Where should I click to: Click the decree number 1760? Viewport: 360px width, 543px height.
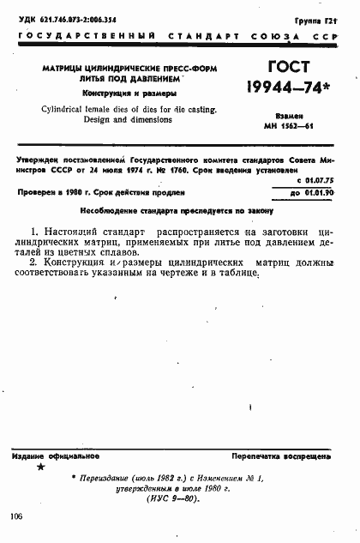click(188, 169)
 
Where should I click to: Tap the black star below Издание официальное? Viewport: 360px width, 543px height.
click(40, 468)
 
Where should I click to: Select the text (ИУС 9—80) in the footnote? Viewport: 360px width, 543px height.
click(174, 498)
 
